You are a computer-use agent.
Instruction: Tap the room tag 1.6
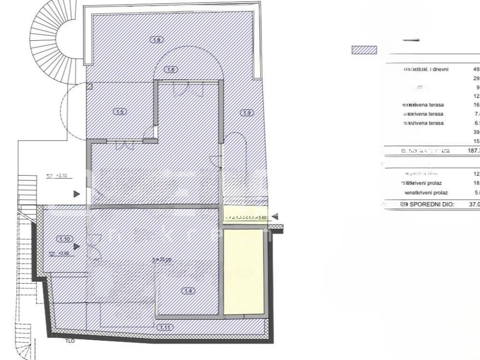[x=171, y=70]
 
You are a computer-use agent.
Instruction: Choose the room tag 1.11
[x=165, y=327]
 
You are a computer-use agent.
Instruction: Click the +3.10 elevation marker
[x=60, y=176]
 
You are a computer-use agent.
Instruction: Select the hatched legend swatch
[x=364, y=50]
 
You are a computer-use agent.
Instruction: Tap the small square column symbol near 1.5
[x=89, y=86]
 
